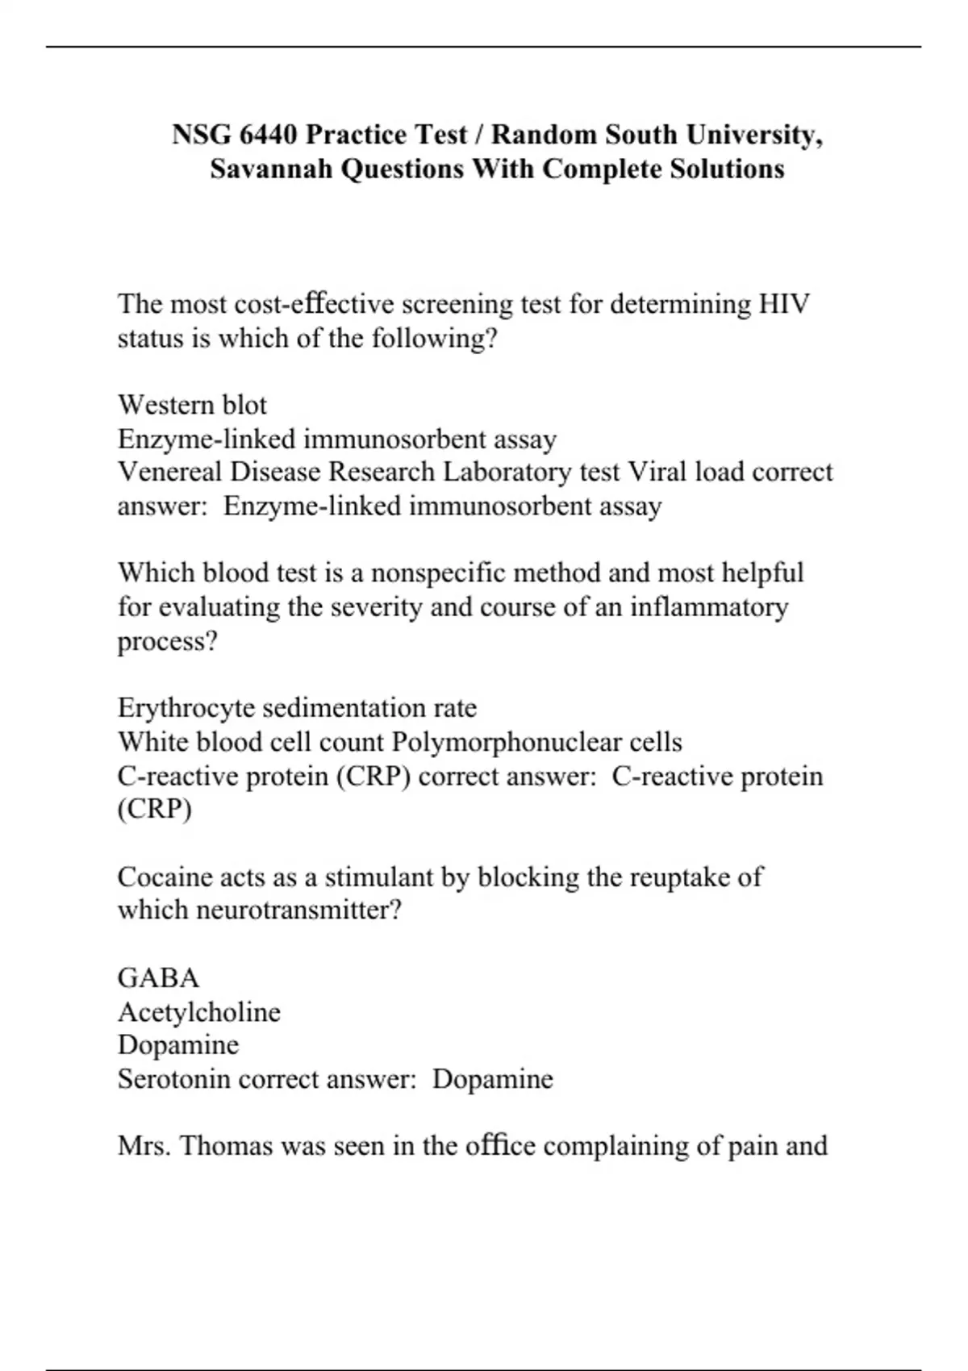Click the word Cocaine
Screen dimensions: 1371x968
(x=164, y=877)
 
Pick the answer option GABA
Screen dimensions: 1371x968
(x=158, y=978)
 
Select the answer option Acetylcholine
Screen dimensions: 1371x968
(x=199, y=1012)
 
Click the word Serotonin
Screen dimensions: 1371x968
(x=174, y=1079)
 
